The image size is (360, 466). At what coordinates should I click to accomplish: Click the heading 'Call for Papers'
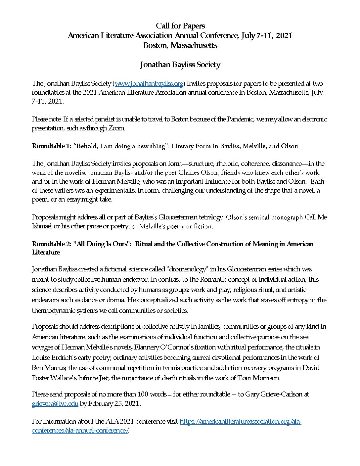click(x=180, y=26)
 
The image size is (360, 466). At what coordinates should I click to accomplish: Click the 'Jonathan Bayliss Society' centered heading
click(x=180, y=65)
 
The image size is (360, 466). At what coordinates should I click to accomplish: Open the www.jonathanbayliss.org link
click(x=149, y=83)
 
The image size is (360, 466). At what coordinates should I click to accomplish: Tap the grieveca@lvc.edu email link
click(x=55, y=404)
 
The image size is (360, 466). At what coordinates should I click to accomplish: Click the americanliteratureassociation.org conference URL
click(x=240, y=422)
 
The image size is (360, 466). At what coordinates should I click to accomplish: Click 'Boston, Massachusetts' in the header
click(x=180, y=45)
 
